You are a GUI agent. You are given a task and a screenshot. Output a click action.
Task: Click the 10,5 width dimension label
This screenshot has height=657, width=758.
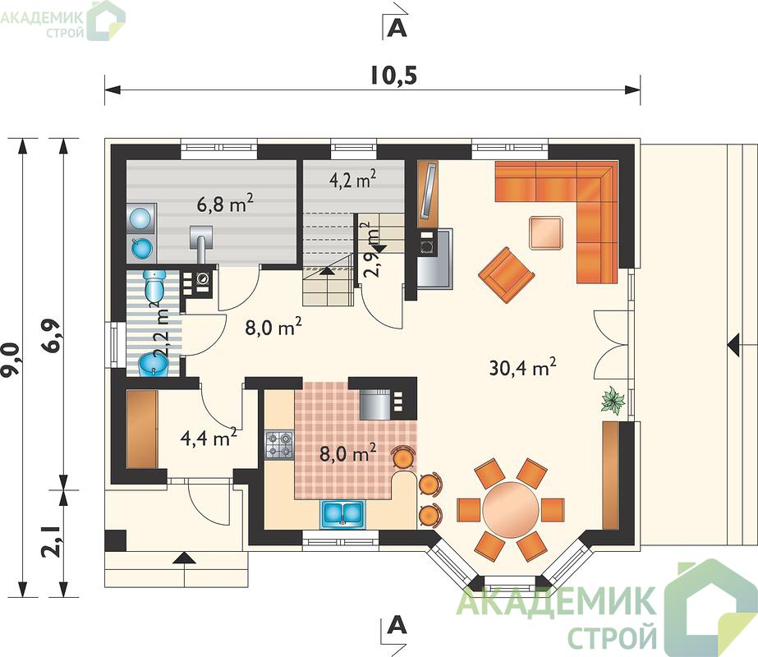[393, 76]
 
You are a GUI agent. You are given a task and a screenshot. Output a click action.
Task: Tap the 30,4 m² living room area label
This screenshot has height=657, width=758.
[522, 367]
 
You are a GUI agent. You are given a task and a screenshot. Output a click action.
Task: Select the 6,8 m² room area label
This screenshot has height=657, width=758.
[225, 204]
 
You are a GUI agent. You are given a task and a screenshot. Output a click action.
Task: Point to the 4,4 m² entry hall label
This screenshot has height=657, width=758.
[209, 438]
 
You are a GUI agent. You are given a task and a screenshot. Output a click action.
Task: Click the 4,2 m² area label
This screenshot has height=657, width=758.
[353, 181]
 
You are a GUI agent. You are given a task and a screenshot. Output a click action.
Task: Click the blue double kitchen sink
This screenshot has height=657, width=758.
[342, 513]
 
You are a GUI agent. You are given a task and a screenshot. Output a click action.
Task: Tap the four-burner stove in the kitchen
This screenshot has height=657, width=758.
[279, 445]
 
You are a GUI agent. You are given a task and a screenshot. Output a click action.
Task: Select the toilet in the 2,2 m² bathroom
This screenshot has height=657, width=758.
[154, 285]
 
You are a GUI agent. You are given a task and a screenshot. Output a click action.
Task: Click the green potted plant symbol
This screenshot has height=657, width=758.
[613, 400]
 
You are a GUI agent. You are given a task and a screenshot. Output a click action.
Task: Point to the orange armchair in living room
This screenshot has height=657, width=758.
[507, 275]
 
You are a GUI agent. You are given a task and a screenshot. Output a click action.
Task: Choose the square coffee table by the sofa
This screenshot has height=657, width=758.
[547, 233]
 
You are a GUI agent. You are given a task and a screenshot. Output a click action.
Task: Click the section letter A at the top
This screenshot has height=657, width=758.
[397, 29]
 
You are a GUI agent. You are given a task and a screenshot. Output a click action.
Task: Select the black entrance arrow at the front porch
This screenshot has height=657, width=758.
[185, 558]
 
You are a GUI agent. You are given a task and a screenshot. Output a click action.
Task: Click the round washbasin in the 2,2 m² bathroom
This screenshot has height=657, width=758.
[153, 365]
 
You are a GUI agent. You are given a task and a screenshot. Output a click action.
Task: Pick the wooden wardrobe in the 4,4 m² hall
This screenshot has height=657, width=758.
[142, 429]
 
